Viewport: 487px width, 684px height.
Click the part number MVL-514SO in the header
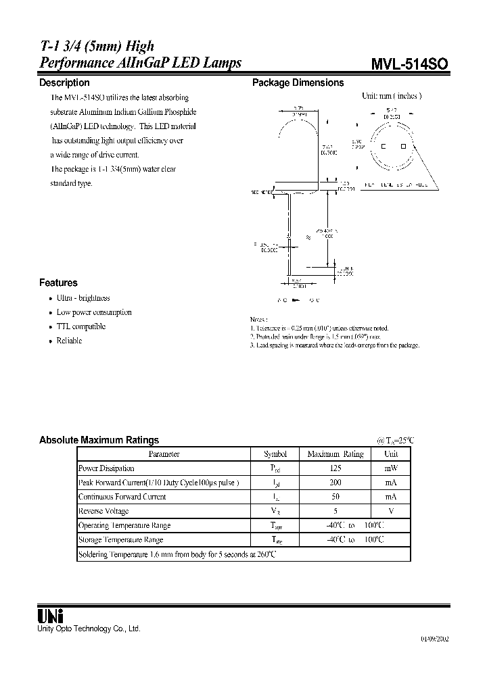point(409,64)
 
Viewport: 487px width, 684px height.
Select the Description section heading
point(64,82)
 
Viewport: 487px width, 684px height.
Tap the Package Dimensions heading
point(298,82)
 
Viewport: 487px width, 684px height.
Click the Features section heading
point(58,283)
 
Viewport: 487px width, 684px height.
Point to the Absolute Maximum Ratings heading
point(99,439)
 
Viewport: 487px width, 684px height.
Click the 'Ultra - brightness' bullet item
point(83,298)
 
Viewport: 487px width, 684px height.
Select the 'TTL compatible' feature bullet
point(81,326)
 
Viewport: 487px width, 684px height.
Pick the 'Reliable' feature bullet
point(69,341)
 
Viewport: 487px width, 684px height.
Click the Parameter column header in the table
point(164,454)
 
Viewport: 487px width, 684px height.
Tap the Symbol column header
point(275,454)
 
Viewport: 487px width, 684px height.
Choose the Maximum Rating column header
point(335,454)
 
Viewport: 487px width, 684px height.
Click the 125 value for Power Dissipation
point(335,468)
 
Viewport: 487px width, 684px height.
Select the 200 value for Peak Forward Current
point(335,483)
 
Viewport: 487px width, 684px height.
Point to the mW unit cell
point(391,468)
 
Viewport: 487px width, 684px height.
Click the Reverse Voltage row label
point(103,512)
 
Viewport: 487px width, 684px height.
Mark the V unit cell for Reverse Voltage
point(391,512)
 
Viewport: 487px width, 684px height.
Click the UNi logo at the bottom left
point(50,616)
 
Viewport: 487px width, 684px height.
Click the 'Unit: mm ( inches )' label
point(391,96)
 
